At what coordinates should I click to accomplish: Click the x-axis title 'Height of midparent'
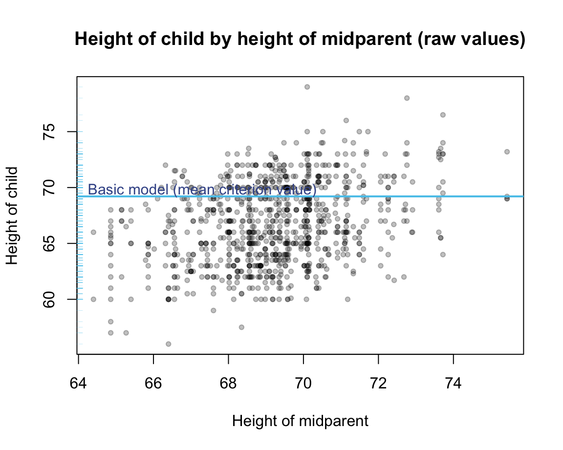pyautogui.click(x=300, y=421)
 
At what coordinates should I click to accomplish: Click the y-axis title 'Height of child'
pyautogui.click(x=13, y=215)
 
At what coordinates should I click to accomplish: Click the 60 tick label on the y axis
pyautogui.click(x=50, y=299)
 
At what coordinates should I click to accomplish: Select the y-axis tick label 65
pyautogui.click(x=50, y=243)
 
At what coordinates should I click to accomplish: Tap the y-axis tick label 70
pyautogui.click(x=50, y=188)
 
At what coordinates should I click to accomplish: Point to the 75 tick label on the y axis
pyautogui.click(x=50, y=131)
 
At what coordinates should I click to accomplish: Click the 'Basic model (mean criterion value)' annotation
pyautogui.click(x=202, y=190)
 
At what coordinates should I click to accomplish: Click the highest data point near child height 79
pyautogui.click(x=307, y=87)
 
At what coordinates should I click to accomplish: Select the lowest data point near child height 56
pyautogui.click(x=169, y=344)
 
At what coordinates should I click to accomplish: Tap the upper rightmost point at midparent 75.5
pyautogui.click(x=507, y=152)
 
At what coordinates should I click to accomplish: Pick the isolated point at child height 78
pyautogui.click(x=407, y=98)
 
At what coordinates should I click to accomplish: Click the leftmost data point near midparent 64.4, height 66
pyautogui.click(x=93, y=232)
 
